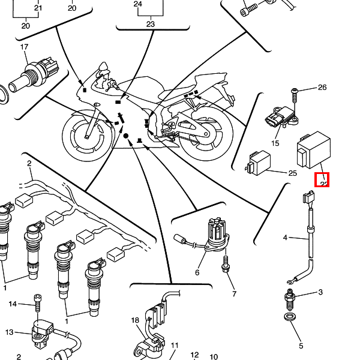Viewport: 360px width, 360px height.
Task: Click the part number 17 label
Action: [25, 47]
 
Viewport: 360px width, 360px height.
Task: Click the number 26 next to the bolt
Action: [322, 88]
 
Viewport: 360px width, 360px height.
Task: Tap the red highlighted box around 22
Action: [323, 179]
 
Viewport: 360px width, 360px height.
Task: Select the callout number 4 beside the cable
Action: [286, 238]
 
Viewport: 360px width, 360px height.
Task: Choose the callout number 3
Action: [320, 292]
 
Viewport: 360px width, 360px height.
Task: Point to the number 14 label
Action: [13, 304]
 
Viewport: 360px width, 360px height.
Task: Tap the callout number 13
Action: [9, 332]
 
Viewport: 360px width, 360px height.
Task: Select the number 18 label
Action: [135, 320]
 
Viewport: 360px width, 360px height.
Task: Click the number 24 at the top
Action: [138, 4]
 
